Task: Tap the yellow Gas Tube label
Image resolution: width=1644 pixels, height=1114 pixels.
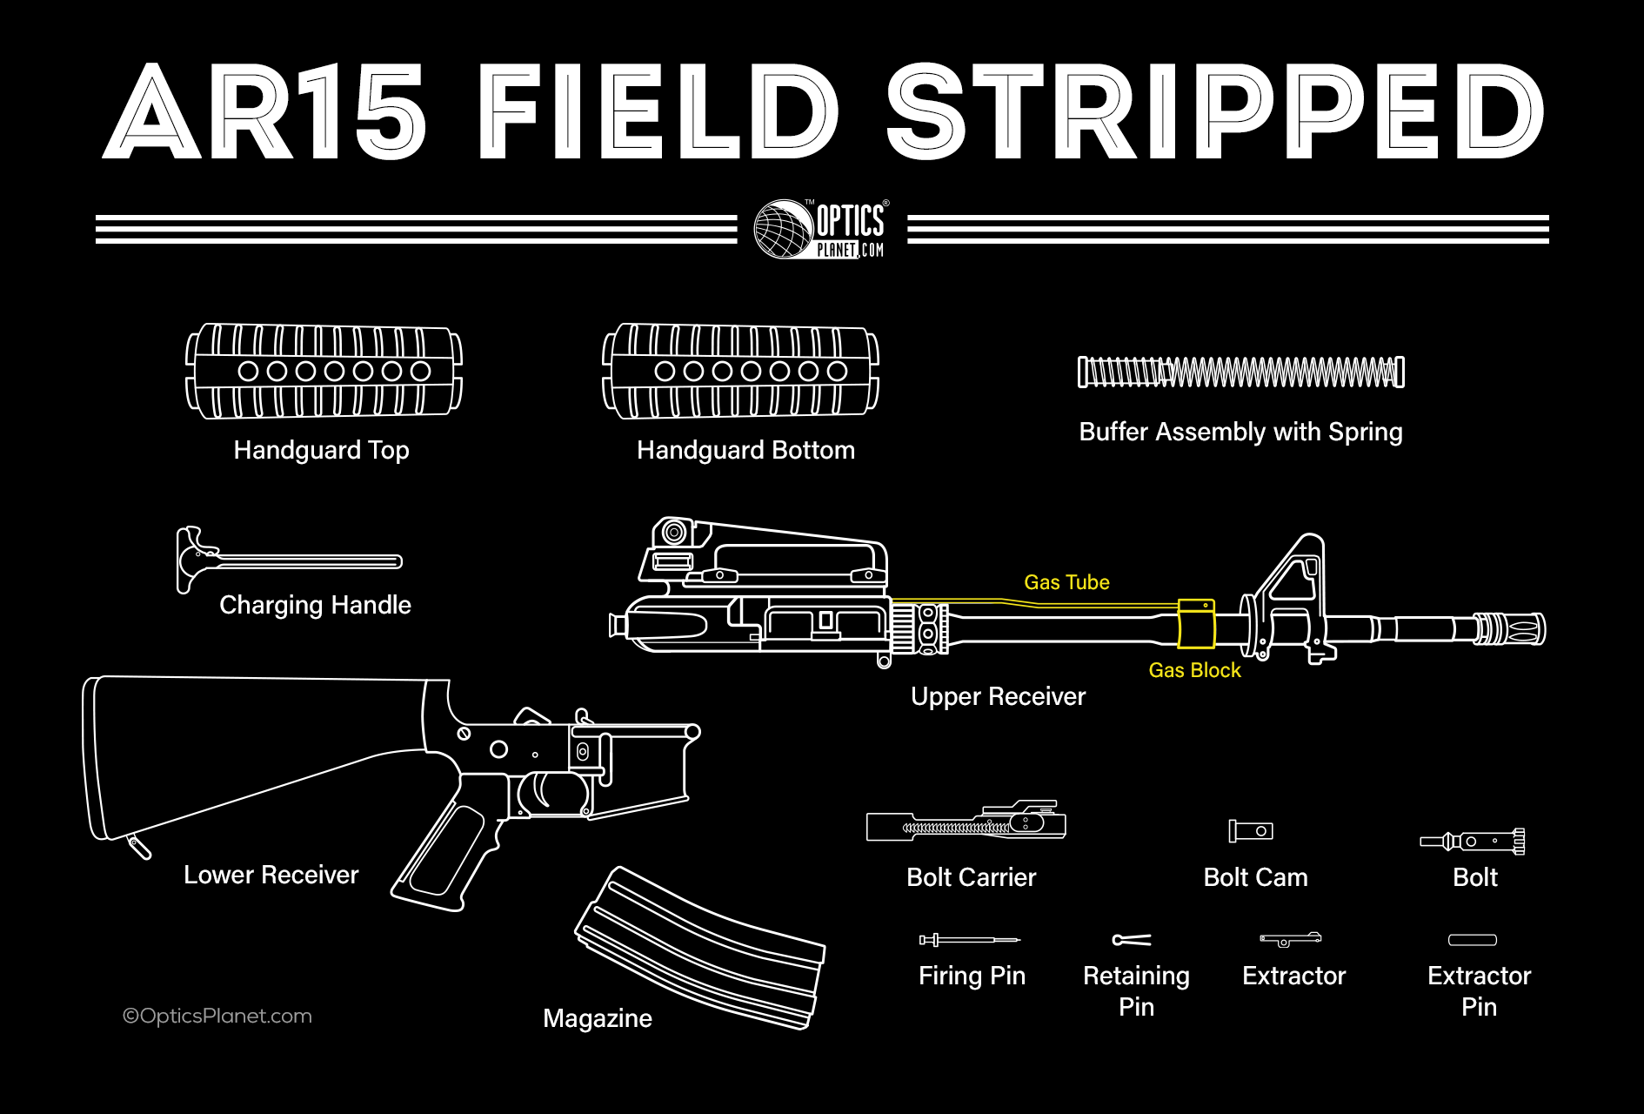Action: click(1066, 582)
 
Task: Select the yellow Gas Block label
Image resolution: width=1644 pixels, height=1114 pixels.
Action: click(1194, 670)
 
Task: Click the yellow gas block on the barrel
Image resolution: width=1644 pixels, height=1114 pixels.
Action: click(1195, 623)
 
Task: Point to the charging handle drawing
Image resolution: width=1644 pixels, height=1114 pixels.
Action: click(287, 560)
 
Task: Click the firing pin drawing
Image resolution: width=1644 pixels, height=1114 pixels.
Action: click(969, 940)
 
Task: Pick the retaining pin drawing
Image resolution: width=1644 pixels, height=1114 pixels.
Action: click(1132, 940)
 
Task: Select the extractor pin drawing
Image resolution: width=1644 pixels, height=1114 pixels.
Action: click(1472, 940)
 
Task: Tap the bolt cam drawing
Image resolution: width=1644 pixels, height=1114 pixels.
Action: click(1251, 831)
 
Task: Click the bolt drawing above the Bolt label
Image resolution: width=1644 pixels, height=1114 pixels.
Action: click(1473, 841)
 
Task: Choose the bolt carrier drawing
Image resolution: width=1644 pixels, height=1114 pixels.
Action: click(966, 824)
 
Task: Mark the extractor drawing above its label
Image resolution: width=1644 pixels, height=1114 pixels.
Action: click(1291, 939)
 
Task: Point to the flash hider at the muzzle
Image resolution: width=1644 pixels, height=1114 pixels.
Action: click(1514, 628)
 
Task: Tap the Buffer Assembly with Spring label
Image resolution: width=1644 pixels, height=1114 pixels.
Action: click(1240, 432)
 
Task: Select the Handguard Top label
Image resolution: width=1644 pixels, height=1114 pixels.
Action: click(321, 450)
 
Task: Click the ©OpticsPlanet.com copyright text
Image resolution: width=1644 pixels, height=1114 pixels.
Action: click(217, 1016)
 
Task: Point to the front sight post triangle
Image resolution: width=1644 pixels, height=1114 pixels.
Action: click(1296, 574)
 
